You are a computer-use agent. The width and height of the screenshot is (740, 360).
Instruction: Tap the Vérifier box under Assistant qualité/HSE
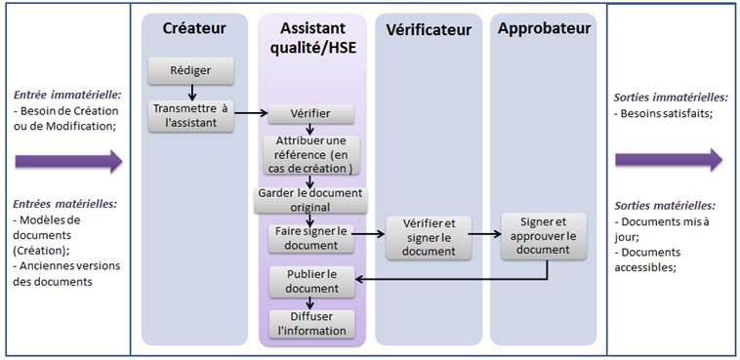pyautogui.click(x=309, y=114)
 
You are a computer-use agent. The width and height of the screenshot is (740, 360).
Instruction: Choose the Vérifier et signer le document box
pyautogui.click(x=429, y=237)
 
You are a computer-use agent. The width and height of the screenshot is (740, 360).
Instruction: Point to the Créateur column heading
pyautogui.click(x=194, y=28)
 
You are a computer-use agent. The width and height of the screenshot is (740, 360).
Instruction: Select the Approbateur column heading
pyautogui.click(x=544, y=28)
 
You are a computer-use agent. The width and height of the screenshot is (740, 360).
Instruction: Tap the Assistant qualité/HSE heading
pyautogui.click(x=311, y=40)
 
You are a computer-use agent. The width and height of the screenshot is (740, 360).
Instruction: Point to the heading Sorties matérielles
pyautogui.click(x=664, y=206)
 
